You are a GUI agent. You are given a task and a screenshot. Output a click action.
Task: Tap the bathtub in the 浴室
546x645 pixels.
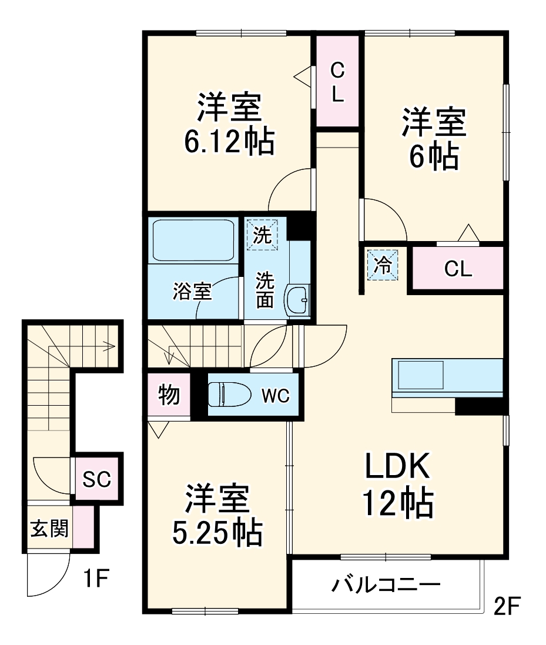click(x=194, y=240)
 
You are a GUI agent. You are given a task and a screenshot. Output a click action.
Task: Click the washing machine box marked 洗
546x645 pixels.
click(x=262, y=235)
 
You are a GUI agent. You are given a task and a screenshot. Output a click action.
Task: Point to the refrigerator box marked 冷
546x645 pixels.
click(x=383, y=265)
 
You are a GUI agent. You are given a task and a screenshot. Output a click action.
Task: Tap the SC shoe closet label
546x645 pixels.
click(x=96, y=480)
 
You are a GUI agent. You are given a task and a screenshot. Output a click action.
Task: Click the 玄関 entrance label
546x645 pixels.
click(x=49, y=529)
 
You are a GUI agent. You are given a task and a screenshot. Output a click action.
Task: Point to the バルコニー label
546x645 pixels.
click(x=386, y=585)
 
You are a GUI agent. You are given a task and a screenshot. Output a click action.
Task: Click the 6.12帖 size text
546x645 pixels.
click(x=229, y=141)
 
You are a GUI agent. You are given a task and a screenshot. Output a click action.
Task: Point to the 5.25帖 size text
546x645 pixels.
click(x=216, y=533)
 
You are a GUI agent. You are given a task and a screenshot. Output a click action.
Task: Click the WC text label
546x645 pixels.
click(x=275, y=396)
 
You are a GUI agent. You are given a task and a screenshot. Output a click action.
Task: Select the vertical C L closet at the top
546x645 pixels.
click(x=337, y=82)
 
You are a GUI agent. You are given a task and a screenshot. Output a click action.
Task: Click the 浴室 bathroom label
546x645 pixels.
click(x=192, y=292)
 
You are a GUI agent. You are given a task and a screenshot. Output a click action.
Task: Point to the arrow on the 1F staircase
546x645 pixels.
click(x=108, y=347)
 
